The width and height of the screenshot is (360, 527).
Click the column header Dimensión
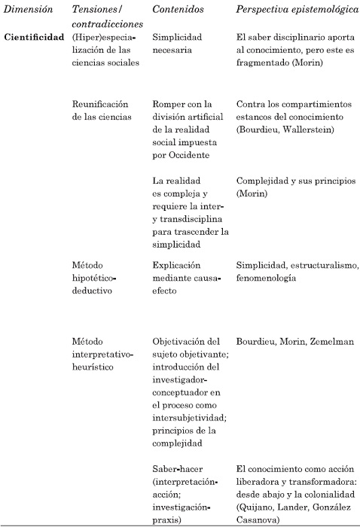coord(26,11)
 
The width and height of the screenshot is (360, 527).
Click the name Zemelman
coord(313,341)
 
